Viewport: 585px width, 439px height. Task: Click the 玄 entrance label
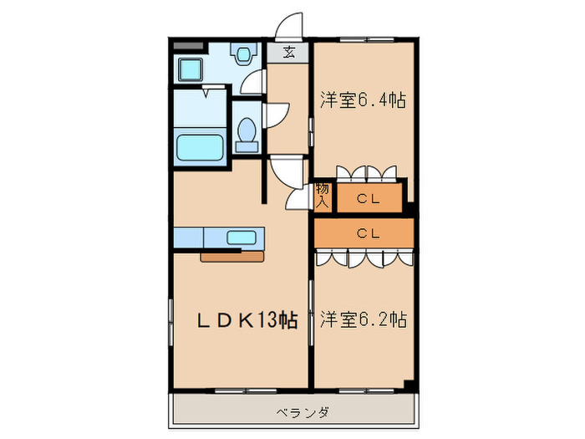[288, 53]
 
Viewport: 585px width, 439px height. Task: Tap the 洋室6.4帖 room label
[364, 101]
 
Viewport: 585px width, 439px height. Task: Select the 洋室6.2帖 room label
[364, 319]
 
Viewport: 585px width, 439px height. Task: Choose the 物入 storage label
[323, 196]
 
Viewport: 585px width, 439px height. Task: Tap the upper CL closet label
[369, 198]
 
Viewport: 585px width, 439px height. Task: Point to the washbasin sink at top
[243, 55]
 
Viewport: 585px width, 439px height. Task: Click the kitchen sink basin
[242, 237]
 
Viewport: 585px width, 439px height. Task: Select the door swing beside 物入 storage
[298, 197]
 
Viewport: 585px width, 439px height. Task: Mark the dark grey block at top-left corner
[189, 42]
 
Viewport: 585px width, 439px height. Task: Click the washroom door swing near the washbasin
[253, 81]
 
